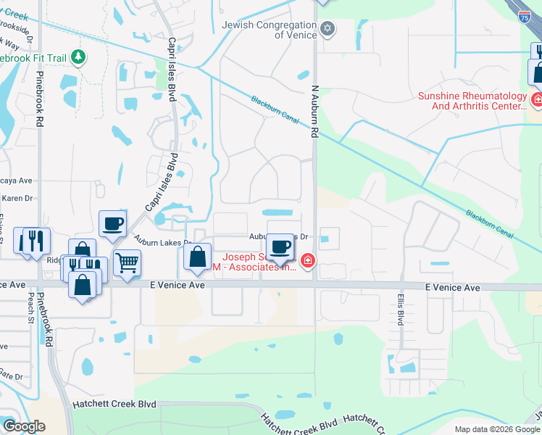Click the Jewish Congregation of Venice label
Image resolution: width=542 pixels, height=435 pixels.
(269, 30)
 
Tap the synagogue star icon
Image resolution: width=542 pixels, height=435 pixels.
(328, 29)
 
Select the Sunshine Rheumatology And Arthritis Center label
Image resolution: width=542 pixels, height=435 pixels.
(471, 101)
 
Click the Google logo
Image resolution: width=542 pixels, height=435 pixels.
(24, 426)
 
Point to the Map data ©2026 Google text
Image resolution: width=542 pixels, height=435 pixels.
(497, 429)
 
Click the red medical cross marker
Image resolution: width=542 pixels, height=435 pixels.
(308, 260)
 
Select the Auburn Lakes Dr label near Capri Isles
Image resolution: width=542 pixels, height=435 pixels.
(162, 242)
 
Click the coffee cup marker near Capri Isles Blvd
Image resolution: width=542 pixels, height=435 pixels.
(112, 224)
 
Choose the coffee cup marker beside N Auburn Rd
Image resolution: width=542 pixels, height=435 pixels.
(280, 246)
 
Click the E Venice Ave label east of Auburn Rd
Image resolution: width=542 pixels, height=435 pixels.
(452, 288)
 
